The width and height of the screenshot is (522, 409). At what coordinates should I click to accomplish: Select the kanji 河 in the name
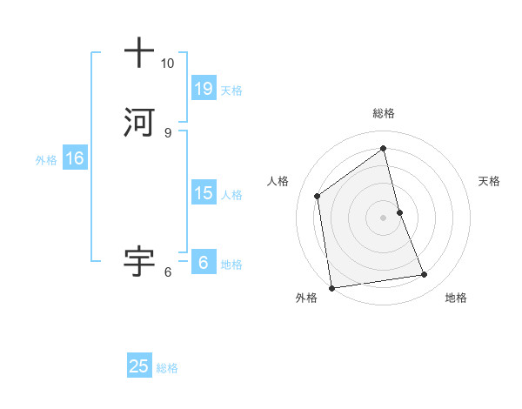[139, 122]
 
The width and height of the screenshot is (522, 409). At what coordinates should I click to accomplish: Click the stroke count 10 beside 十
[167, 64]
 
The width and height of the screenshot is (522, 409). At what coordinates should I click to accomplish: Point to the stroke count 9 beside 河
[167, 132]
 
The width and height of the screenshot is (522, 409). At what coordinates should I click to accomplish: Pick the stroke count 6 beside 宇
[167, 272]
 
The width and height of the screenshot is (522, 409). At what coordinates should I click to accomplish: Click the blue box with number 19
[203, 89]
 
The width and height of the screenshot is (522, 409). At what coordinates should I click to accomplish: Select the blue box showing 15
[203, 193]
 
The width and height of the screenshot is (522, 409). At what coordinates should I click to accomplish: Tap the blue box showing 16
[74, 158]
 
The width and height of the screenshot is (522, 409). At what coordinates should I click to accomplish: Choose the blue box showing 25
[139, 366]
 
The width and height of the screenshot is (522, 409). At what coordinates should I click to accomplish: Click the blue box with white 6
[203, 262]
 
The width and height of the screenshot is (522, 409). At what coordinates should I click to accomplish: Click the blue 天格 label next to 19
[231, 90]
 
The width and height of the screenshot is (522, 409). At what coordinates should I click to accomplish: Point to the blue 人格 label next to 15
[231, 194]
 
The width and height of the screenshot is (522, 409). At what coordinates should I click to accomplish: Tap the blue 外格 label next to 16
[46, 160]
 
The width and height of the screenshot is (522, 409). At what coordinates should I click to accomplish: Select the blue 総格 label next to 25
[167, 368]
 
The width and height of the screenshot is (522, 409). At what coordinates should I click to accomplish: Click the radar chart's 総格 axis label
[383, 113]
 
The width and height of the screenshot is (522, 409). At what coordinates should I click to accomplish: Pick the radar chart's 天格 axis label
[489, 181]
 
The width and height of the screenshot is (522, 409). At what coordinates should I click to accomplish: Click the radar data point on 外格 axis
[331, 286]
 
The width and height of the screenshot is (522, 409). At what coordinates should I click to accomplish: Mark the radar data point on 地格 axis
[425, 275]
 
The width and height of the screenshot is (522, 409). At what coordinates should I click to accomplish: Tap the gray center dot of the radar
[383, 217]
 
